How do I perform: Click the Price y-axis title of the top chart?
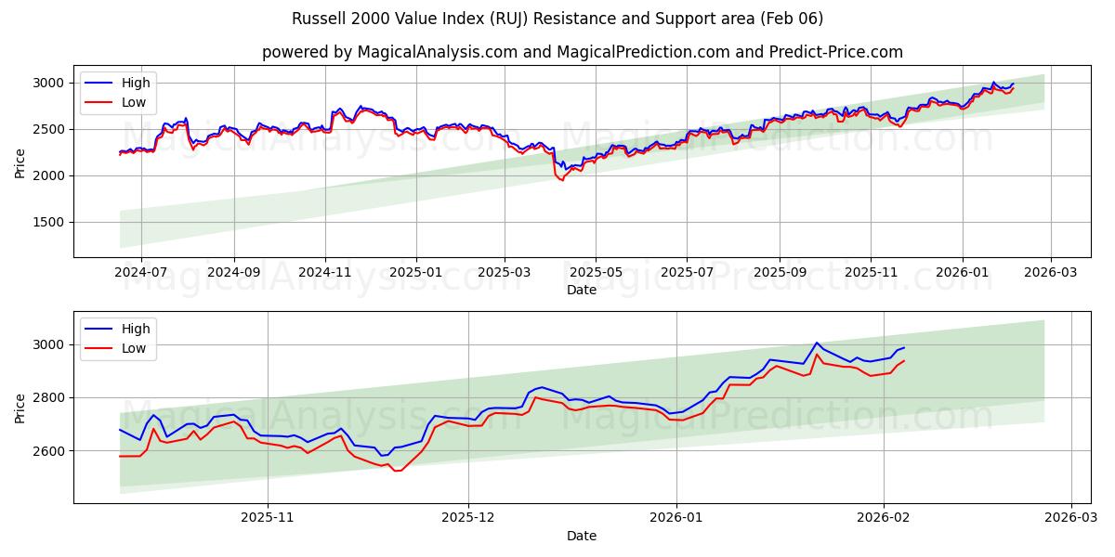point(20,162)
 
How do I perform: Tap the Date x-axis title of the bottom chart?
point(582,536)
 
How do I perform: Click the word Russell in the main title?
point(317,19)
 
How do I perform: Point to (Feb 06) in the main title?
point(790,19)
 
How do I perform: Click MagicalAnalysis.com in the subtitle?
point(437,52)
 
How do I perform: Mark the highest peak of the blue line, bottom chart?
point(817,343)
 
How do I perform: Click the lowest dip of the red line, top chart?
point(561,180)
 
